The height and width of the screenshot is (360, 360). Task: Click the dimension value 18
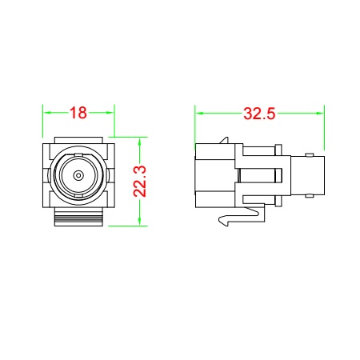(x=78, y=113)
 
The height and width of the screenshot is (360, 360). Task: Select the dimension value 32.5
(x=259, y=114)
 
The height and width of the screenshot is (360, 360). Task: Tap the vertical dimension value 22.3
(x=140, y=182)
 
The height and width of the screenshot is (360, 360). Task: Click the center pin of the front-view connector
(x=78, y=175)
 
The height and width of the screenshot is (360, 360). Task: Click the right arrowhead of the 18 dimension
(x=110, y=113)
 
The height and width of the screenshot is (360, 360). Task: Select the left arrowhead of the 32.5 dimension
(x=199, y=114)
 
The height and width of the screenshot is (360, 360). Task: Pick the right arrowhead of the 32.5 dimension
(x=320, y=114)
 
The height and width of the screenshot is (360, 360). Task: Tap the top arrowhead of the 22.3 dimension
(x=139, y=142)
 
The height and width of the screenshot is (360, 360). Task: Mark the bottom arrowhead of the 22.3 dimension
(x=139, y=222)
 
